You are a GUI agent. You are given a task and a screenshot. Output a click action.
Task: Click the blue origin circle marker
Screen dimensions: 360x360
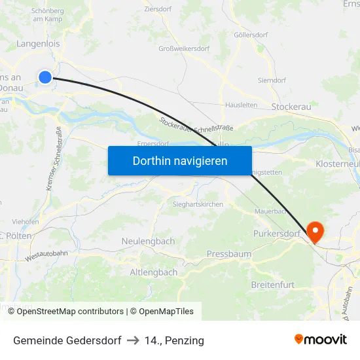(x=45, y=77)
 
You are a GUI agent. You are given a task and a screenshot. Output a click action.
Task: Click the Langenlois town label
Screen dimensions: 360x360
(x=38, y=44)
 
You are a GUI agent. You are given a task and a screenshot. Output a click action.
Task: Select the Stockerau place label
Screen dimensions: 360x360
(x=289, y=105)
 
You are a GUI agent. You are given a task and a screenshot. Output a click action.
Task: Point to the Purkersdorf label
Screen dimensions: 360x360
(x=276, y=233)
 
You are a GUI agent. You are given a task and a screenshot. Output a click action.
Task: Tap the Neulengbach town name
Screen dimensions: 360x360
(x=148, y=241)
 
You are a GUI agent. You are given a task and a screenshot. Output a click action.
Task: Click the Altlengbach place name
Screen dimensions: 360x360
(x=153, y=272)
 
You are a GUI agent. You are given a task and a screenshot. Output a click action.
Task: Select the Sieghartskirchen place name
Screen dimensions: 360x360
(x=198, y=204)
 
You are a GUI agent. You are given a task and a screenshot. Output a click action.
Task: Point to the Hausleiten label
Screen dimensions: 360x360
(x=241, y=104)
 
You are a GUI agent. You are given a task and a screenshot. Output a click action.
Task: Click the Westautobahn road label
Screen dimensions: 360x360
(x=48, y=252)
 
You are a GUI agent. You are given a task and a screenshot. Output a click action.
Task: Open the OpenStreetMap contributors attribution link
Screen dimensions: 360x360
(x=70, y=312)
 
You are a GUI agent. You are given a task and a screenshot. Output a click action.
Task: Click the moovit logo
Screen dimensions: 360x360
(x=320, y=339)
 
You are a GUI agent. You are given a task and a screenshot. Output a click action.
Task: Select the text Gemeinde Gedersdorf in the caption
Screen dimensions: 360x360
(x=67, y=340)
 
